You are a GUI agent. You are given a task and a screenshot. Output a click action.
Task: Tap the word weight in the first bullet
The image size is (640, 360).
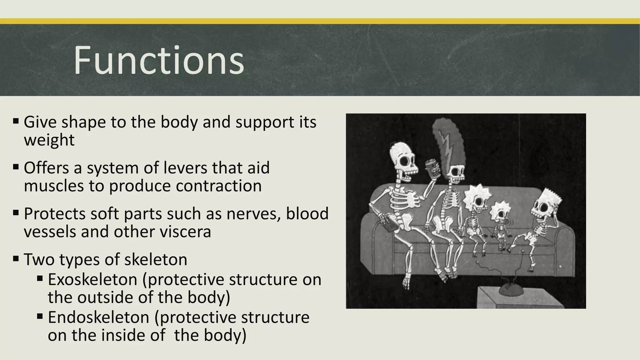[49, 140]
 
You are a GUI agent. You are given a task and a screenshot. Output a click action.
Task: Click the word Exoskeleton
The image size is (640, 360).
[92, 279]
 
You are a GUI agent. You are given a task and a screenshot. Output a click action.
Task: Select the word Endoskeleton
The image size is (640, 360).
[99, 317]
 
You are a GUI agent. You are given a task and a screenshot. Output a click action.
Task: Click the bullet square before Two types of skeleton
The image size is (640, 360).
[16, 258]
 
